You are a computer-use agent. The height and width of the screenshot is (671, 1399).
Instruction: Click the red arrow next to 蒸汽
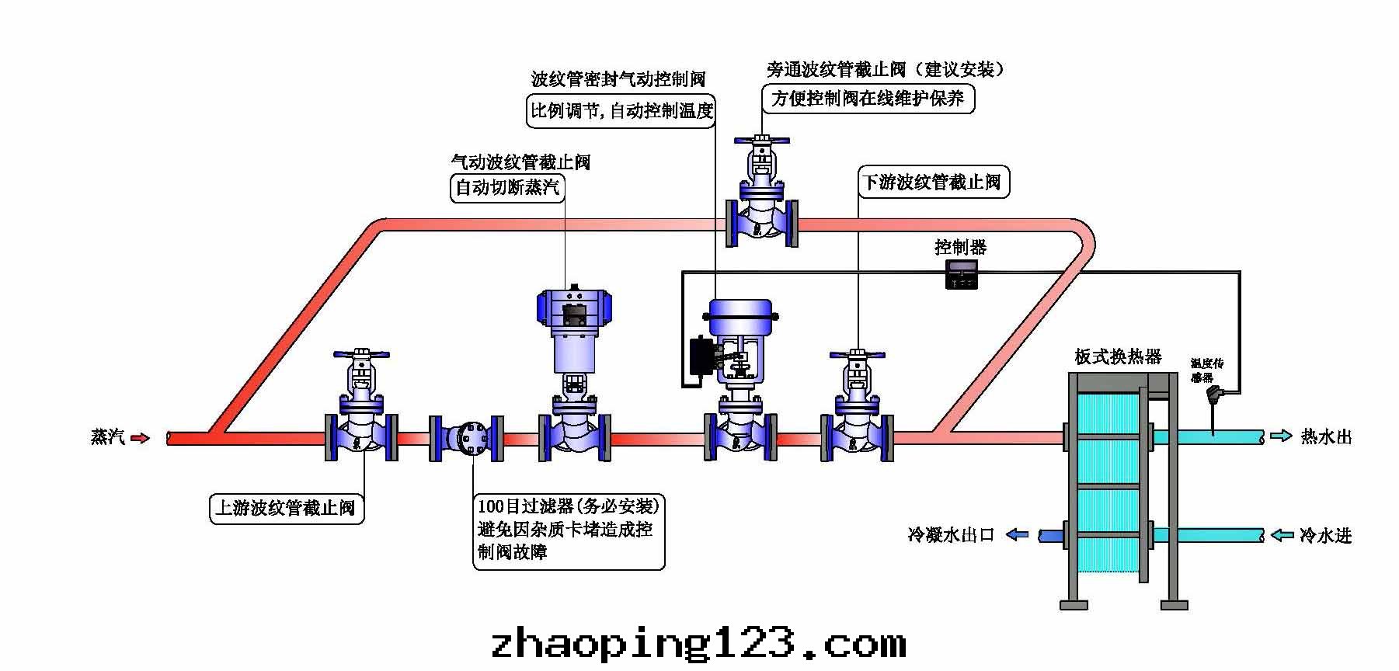(x=140, y=438)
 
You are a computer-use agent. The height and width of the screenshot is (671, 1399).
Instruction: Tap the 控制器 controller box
(x=961, y=274)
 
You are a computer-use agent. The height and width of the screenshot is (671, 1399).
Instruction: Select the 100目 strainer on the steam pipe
(x=469, y=439)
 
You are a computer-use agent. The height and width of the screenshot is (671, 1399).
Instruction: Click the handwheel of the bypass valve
(x=761, y=142)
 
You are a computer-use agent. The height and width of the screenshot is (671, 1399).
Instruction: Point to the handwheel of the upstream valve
(x=361, y=355)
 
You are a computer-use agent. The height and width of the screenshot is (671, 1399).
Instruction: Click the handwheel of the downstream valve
(x=858, y=355)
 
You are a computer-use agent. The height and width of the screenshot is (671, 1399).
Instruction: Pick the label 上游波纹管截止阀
(x=286, y=508)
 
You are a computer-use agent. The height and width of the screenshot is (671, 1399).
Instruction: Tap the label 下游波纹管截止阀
(x=933, y=183)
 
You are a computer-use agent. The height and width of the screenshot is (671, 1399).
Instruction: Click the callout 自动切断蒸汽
(x=507, y=187)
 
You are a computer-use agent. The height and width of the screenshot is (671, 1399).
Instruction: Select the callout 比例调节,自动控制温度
(x=621, y=110)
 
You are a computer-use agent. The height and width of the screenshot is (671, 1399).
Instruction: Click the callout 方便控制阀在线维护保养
(x=867, y=99)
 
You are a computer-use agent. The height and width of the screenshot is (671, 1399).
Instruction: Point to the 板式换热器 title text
(x=1118, y=356)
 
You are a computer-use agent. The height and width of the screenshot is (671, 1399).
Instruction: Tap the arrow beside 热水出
(x=1281, y=436)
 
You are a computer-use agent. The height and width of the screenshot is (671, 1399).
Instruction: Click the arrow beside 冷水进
(x=1281, y=535)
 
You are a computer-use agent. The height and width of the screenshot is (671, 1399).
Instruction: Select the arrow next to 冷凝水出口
(x=1018, y=534)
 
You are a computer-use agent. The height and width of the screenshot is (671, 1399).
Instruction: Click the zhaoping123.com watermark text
(x=698, y=644)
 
